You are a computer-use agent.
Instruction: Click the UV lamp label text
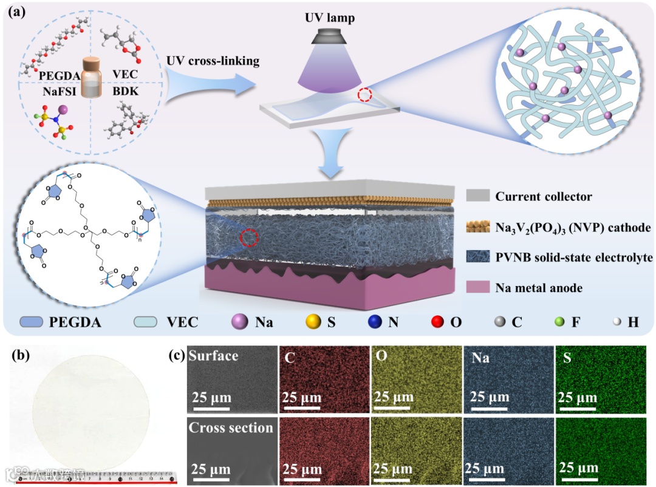(x=329, y=19)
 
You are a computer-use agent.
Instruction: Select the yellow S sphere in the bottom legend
(x=313, y=322)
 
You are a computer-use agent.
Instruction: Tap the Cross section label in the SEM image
(x=231, y=427)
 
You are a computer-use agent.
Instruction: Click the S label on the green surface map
(x=567, y=358)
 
